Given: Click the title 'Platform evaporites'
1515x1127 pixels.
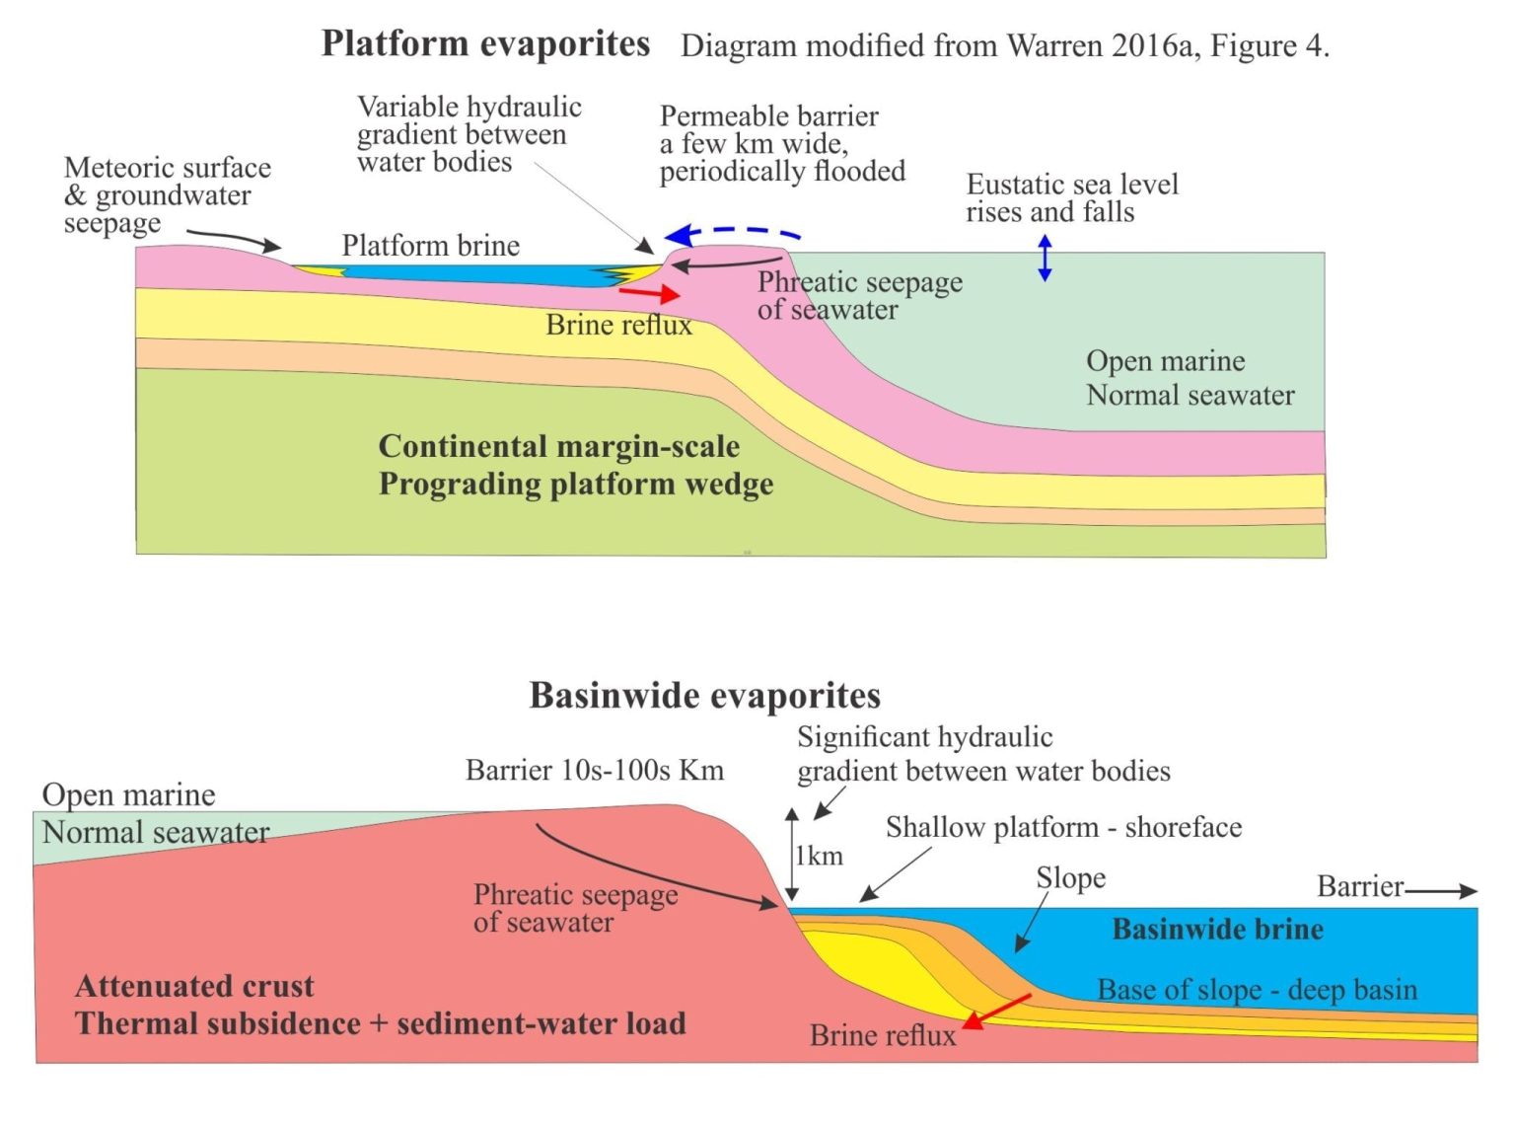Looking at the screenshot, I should (x=485, y=44).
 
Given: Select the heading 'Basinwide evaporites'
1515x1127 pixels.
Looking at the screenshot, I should (x=704, y=696).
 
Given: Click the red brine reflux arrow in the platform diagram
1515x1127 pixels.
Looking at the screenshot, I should (x=649, y=292).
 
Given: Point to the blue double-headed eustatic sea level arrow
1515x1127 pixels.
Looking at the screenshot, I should (x=1045, y=259).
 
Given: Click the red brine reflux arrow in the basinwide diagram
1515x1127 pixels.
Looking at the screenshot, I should (x=996, y=1012).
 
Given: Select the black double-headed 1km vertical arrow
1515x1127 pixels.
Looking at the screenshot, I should (x=791, y=855).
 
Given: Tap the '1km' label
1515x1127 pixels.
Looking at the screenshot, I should (x=820, y=856).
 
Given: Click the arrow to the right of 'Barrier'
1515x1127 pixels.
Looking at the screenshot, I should (x=1441, y=891).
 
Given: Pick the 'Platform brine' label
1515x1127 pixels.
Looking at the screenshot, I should (x=430, y=246).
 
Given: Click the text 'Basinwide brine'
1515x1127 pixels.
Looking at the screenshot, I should (x=1217, y=930).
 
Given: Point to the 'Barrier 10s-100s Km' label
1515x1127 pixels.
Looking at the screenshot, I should (x=594, y=770).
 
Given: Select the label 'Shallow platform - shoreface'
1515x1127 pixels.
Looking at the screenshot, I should (x=1063, y=827).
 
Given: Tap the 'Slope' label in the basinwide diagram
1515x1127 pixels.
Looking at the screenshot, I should (x=1070, y=877).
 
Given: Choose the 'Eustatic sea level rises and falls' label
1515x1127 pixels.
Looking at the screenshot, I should (x=1071, y=198).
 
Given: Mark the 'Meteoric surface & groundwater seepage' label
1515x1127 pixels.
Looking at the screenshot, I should (x=167, y=195).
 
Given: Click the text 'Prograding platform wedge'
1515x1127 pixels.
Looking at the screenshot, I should (x=575, y=485).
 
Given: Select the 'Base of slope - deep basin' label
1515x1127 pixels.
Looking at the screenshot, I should (x=1257, y=990).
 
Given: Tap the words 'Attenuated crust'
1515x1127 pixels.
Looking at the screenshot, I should (x=194, y=986).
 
